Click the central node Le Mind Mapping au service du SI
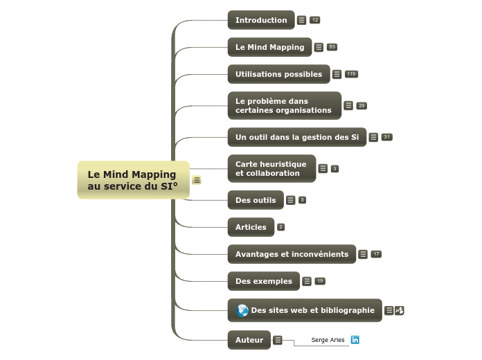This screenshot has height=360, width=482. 133,180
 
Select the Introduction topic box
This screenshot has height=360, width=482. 261,20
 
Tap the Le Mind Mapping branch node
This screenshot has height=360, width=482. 269,47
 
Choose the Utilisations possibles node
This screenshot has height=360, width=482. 278,74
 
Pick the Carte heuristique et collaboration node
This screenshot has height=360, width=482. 271,168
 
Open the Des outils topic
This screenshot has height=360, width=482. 256,200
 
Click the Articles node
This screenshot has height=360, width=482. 251,227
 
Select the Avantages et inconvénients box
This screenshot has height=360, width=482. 292,254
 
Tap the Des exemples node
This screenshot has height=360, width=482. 264,281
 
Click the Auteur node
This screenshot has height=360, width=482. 249,340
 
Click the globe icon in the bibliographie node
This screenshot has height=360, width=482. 242,310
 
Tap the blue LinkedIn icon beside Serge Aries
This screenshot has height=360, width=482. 355,340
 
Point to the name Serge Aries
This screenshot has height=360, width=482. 328,340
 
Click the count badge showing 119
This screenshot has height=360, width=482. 351,74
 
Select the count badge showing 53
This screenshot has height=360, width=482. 332,47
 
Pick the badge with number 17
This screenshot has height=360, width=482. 376,254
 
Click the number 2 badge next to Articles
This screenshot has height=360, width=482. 281,227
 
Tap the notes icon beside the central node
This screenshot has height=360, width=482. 197,180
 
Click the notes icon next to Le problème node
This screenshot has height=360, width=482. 348,105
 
